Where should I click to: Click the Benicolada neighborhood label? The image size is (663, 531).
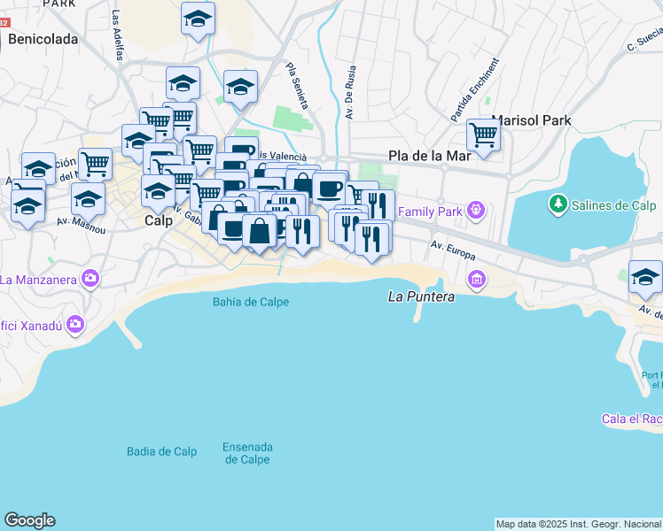click(43, 39)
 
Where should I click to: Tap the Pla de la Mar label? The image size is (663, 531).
click(429, 156)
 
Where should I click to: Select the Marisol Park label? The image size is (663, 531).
click(531, 120)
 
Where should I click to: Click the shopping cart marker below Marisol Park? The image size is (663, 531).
click(483, 135)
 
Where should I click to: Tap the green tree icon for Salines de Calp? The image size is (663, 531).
click(558, 204)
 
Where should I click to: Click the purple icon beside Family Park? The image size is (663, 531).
click(477, 211)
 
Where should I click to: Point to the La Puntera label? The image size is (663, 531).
click(422, 297)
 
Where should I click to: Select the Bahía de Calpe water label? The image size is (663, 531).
click(251, 302)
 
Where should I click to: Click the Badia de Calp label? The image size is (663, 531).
click(161, 451)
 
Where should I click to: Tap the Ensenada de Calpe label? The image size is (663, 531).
click(247, 453)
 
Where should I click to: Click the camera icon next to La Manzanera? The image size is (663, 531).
click(90, 280)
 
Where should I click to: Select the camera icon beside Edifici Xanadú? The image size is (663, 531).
click(75, 325)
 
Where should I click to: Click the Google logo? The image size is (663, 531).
click(29, 520)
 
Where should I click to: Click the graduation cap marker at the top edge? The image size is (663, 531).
click(198, 18)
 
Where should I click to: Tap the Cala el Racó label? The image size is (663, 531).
click(631, 419)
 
